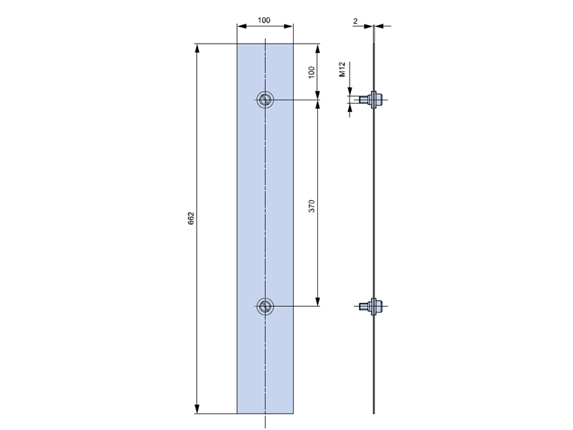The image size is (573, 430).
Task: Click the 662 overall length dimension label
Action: click(x=191, y=219)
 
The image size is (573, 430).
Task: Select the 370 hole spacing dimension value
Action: click(x=312, y=206)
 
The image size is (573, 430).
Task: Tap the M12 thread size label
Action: click(x=342, y=70)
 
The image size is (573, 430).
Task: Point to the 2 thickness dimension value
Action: click(x=355, y=21)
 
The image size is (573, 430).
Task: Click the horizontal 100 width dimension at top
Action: click(x=264, y=20)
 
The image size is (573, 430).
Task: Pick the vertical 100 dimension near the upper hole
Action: click(x=312, y=72)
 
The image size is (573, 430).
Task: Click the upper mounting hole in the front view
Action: click(x=265, y=100)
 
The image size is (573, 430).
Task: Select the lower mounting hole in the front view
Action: click(x=265, y=307)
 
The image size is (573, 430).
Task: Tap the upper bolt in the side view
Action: click(x=371, y=100)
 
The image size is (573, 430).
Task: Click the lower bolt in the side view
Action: click(x=371, y=307)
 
